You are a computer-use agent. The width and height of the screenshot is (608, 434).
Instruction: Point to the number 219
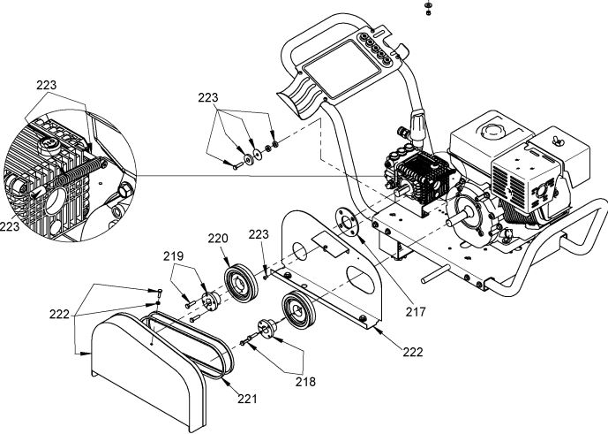click(x=175, y=257)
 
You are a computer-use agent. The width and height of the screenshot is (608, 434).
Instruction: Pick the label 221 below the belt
click(x=249, y=399)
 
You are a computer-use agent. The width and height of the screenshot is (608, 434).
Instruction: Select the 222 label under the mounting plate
click(x=413, y=352)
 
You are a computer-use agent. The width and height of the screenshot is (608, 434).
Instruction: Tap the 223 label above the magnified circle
click(x=46, y=86)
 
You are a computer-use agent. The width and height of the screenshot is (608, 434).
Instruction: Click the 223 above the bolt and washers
click(x=207, y=98)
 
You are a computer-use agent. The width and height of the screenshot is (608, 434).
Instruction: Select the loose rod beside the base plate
click(x=441, y=273)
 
